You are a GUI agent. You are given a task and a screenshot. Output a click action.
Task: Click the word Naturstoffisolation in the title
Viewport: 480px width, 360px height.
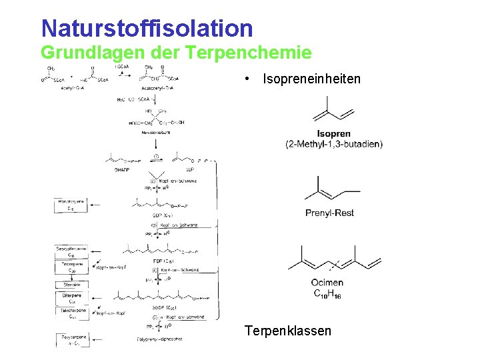(x=147, y=29)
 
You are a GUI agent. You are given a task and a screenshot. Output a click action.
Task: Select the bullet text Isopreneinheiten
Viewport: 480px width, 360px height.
(x=311, y=79)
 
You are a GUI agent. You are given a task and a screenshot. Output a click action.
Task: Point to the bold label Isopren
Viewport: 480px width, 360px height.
(x=334, y=134)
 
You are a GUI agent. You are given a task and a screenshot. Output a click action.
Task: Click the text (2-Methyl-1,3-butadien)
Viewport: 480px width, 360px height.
(x=334, y=144)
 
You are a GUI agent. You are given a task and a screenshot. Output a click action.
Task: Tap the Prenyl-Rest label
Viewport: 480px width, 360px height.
(x=329, y=213)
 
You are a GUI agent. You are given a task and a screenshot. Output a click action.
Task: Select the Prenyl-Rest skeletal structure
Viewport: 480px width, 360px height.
(x=329, y=189)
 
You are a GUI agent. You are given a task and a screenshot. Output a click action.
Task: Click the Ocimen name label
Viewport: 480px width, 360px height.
(x=327, y=283)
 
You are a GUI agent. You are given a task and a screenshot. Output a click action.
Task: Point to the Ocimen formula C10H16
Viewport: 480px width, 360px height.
(x=327, y=293)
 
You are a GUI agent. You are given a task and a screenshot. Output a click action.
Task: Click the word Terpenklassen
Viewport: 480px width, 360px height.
(x=287, y=331)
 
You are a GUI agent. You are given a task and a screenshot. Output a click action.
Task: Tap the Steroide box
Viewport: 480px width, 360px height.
(x=71, y=285)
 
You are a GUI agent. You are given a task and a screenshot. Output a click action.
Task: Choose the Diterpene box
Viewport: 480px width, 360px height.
(x=71, y=298)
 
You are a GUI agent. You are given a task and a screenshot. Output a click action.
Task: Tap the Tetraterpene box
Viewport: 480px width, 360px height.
(x=71, y=313)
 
